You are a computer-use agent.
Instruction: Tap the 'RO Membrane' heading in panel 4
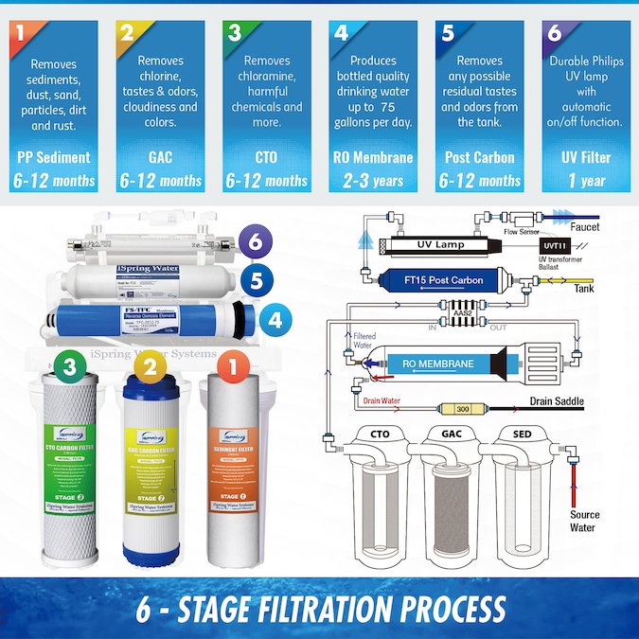point(375,157)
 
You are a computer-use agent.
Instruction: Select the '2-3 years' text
point(375,180)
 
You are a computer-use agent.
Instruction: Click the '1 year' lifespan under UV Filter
point(587,180)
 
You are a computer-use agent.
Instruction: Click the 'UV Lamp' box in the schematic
point(439,245)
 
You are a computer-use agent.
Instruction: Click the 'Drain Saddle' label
point(557,401)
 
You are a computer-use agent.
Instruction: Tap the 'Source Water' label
point(584,521)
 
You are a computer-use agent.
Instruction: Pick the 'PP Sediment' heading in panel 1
point(54,157)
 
